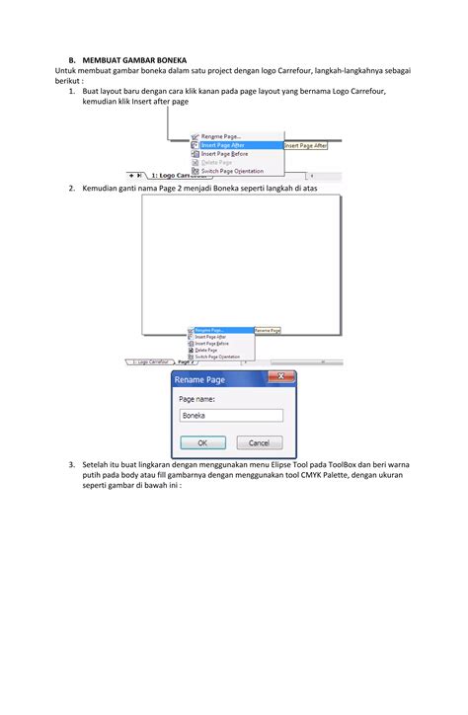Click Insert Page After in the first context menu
pyautogui.click(x=224, y=145)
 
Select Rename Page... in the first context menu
pyautogui.click(x=221, y=136)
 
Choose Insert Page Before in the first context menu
pyautogui.click(x=225, y=153)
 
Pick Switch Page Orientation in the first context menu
pyautogui.click(x=232, y=170)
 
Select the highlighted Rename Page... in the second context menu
pyautogui.click(x=209, y=330)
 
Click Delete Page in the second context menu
pyautogui.click(x=206, y=349)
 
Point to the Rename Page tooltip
pyautogui.click(x=268, y=330)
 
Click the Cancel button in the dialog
pyautogui.click(x=259, y=442)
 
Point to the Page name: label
pyautogui.click(x=196, y=399)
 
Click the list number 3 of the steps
pyautogui.click(x=72, y=463)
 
